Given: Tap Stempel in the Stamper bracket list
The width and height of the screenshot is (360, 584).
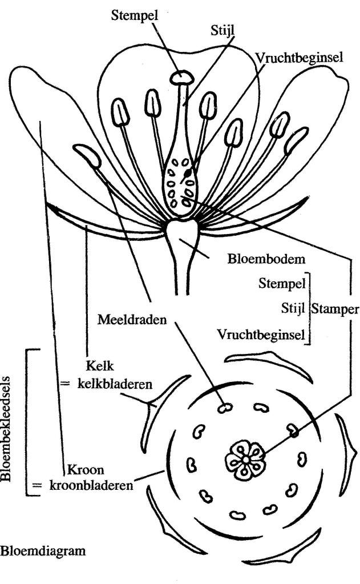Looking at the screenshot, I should pyautogui.click(x=281, y=283).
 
